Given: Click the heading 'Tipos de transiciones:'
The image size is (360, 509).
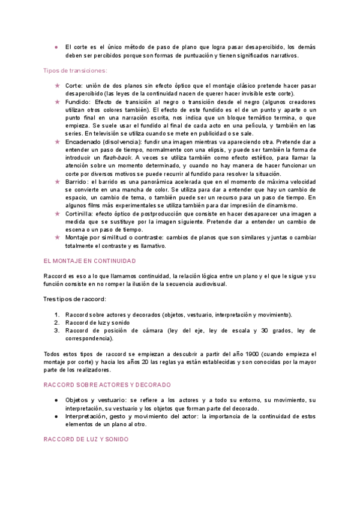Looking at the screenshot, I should [x=75, y=71].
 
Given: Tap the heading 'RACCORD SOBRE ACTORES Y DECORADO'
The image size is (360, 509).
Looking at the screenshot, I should [x=107, y=385].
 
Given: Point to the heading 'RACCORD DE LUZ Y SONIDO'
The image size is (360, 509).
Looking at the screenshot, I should [x=86, y=439].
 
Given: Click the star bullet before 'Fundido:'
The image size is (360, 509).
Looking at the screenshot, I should [x=57, y=102].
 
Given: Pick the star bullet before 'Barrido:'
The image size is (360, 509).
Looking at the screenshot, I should [x=57, y=181].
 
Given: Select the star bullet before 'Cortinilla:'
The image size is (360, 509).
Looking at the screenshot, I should [x=57, y=213].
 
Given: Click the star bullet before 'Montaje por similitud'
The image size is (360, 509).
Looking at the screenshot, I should [x=57, y=236].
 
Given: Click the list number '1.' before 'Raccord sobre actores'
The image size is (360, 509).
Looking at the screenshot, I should [x=56, y=315].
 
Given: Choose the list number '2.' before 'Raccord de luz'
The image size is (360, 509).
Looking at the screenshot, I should [x=56, y=323].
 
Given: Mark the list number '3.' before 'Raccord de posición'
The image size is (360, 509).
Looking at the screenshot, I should [x=56, y=331].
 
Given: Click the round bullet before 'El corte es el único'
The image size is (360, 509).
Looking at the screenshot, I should [x=56, y=47].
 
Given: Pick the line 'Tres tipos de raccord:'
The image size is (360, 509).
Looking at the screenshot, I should [x=75, y=299].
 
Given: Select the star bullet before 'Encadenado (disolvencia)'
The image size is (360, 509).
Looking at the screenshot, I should [x=57, y=142].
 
